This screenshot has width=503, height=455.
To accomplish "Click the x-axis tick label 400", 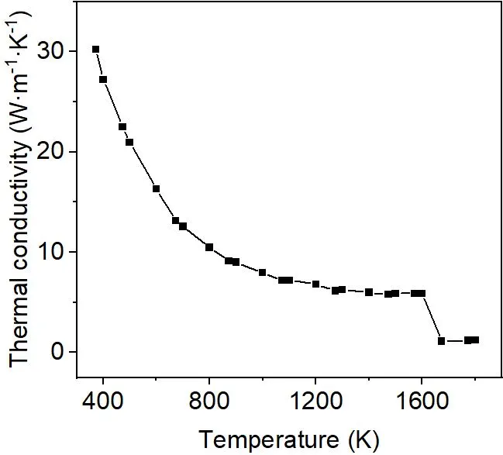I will click(x=103, y=405).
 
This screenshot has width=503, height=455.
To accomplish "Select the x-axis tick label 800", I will click(x=209, y=405).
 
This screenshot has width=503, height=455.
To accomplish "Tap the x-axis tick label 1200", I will click(x=315, y=405).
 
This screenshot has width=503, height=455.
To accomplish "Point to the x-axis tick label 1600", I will click(x=422, y=405).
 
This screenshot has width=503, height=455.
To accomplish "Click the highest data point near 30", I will click(x=95, y=49).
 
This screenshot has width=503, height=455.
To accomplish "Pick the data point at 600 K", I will click(x=156, y=188).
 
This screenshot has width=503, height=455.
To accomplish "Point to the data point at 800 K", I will click(x=209, y=247).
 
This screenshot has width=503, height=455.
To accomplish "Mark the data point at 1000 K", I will click(x=262, y=272).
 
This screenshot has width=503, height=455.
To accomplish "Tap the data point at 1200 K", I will click(x=315, y=284).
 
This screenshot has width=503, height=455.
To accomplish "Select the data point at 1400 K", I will click(x=369, y=292).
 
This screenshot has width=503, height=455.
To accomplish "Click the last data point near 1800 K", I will click(x=475, y=340).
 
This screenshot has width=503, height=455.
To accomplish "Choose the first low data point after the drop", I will click(x=442, y=341).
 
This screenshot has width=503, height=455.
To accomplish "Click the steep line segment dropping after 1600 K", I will click(x=432, y=317).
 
